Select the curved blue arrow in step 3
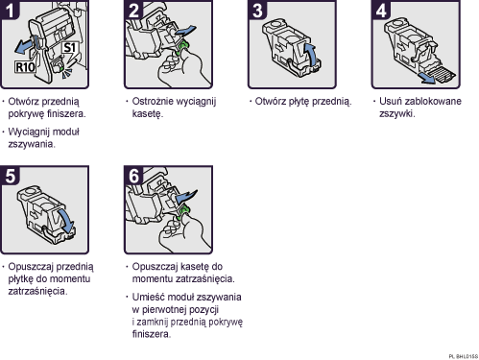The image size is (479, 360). click(x=310, y=52)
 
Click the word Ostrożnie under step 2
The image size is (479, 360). click(x=155, y=101)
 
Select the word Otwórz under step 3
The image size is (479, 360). click(x=271, y=101)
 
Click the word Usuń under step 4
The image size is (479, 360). click(x=388, y=101)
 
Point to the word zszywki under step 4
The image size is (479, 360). click(x=396, y=113)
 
